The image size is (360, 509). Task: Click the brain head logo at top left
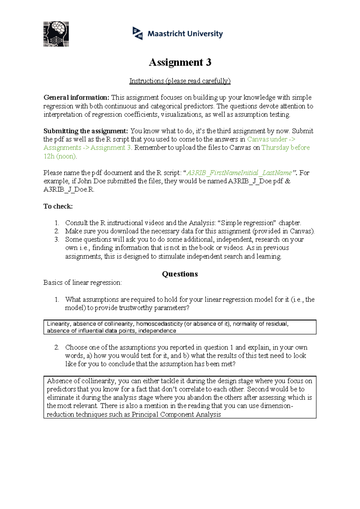(56, 34)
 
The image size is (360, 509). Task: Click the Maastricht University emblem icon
(138, 33)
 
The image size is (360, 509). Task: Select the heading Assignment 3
(180, 62)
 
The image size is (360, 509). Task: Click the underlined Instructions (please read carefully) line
(180, 81)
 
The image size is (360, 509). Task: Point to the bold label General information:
(76, 98)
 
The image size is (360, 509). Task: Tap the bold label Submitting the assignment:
(86, 131)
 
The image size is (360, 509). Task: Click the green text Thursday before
(285, 148)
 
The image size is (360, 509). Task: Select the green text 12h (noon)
(60, 156)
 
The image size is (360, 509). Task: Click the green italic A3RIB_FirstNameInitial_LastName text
(239, 173)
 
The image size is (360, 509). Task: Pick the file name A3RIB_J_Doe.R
(69, 190)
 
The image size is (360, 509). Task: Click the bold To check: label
(58, 206)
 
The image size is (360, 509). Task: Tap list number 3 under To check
(57, 239)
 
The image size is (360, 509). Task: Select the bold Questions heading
(180, 274)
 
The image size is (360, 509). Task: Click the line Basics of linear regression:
(82, 283)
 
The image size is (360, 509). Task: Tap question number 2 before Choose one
(57, 348)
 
